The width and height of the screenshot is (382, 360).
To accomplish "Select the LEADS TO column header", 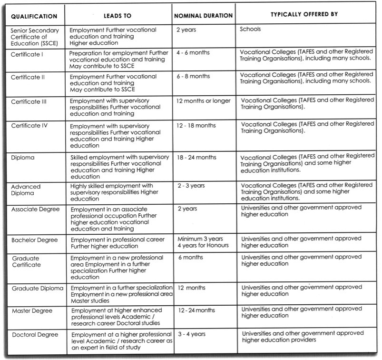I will [x=117, y=16].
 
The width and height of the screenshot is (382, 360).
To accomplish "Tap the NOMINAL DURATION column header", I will [x=203, y=15].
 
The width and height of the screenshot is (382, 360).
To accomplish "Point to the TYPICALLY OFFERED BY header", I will [x=304, y=14].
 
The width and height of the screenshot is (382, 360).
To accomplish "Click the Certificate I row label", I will [x=27, y=54].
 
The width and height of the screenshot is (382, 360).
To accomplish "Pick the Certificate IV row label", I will [x=29, y=126].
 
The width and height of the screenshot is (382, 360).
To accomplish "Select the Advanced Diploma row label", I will [x=26, y=190].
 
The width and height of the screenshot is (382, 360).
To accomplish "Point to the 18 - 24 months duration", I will [x=196, y=157].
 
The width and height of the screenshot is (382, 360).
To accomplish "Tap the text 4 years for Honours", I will [x=203, y=245].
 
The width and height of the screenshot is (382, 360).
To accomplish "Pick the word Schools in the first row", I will [x=251, y=29].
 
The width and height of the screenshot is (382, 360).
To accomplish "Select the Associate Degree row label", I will [x=33, y=209].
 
